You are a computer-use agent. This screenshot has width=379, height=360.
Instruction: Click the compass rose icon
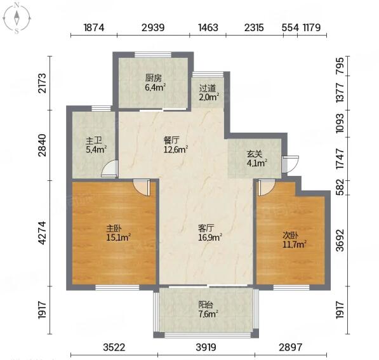point(17,18)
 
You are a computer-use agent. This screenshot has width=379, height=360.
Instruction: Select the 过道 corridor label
point(207,88)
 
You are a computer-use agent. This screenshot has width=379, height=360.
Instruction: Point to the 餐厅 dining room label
point(171,140)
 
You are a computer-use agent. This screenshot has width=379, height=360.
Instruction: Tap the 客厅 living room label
point(206,228)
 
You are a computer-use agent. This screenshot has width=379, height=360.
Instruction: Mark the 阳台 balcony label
point(206,304)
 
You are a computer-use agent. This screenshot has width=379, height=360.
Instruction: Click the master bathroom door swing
point(110,168)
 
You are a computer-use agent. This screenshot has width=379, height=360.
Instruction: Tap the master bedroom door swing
point(142,187)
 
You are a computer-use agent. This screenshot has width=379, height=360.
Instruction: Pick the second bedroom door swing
point(266,187)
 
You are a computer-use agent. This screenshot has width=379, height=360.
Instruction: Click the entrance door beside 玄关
point(290,164)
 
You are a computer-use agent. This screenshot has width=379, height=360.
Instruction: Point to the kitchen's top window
point(153,55)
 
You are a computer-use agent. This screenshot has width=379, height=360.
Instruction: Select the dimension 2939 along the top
point(153,27)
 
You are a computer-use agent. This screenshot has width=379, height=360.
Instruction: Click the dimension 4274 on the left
point(42,233)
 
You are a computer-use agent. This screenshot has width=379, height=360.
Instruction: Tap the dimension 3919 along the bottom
point(206,347)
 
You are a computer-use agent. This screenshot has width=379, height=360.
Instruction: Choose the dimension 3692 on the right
point(340,241)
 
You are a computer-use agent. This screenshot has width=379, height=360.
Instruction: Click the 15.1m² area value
point(119,237)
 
